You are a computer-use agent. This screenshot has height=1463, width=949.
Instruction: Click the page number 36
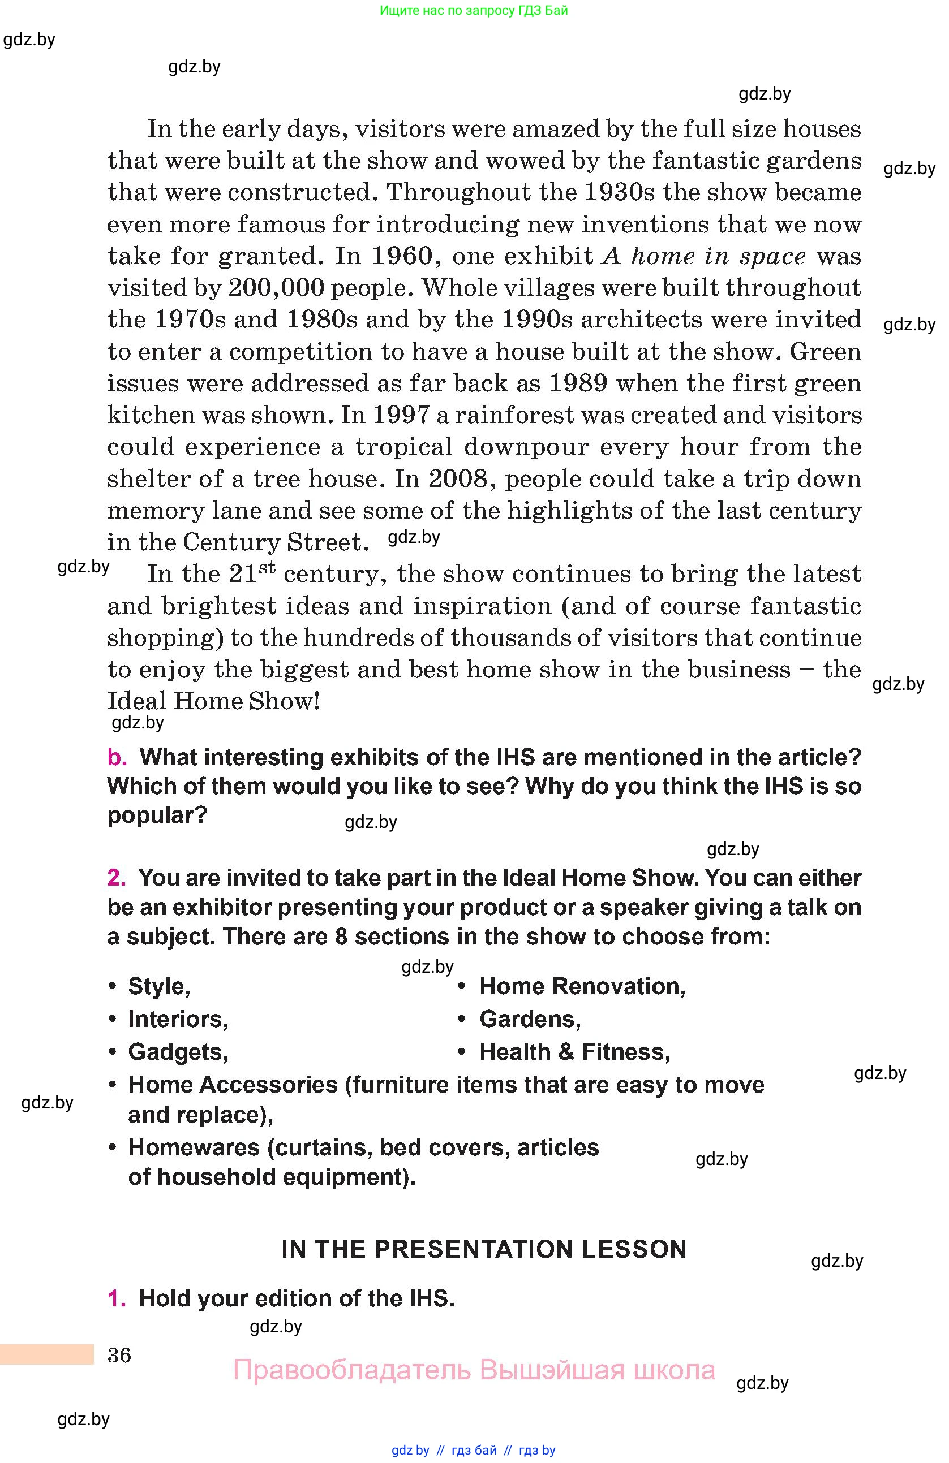(119, 1355)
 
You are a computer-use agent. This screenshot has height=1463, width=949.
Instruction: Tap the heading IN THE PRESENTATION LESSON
(483, 1250)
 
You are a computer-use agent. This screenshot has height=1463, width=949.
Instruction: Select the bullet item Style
(158, 987)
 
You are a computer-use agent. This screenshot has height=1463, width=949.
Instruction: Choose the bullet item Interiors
(178, 1019)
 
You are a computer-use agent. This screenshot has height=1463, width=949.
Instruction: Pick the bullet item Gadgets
(178, 1052)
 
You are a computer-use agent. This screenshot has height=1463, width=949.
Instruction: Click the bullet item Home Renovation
(582, 987)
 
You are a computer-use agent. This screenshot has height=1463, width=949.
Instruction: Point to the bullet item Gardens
(530, 1019)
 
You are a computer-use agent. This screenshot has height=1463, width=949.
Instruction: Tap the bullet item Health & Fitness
(574, 1052)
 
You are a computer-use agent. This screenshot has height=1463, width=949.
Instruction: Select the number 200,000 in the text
(276, 288)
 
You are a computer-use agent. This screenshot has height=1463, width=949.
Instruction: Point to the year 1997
(402, 415)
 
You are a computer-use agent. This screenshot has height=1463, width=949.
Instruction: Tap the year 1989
(578, 383)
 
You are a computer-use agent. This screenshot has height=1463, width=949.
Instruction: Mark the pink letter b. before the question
(117, 758)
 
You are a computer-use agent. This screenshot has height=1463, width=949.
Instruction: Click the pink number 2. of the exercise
(116, 878)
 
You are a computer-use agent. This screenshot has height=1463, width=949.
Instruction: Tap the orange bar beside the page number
(47, 1354)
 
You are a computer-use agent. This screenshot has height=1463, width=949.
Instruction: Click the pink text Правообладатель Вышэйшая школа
(474, 1370)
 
